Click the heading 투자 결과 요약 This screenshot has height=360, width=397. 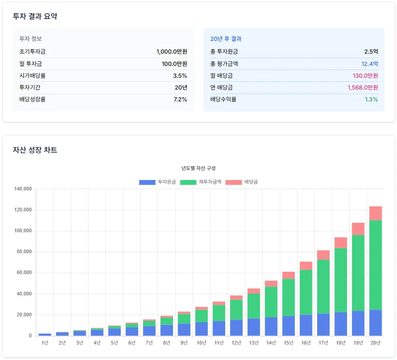click(x=35, y=16)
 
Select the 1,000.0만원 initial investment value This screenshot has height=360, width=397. click(x=172, y=52)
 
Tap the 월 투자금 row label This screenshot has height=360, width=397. click(x=31, y=64)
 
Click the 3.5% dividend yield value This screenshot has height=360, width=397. click(x=180, y=75)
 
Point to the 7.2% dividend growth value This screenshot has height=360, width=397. click(x=180, y=99)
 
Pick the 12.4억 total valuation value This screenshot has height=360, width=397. click(x=369, y=64)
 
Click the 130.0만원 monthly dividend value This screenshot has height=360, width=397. click(x=365, y=75)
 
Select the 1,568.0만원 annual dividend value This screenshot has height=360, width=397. click(x=362, y=87)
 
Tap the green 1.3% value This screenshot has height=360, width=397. click(x=371, y=99)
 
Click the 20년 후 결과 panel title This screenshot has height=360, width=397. click(x=226, y=39)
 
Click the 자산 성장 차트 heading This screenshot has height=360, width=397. click(x=35, y=150)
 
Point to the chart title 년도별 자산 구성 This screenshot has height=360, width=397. click(x=198, y=168)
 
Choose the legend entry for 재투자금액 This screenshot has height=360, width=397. click(x=200, y=182)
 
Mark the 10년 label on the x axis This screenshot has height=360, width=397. click(x=201, y=343)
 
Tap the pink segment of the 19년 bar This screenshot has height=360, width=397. click(x=358, y=229)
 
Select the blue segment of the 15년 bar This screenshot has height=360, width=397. click(x=288, y=326)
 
